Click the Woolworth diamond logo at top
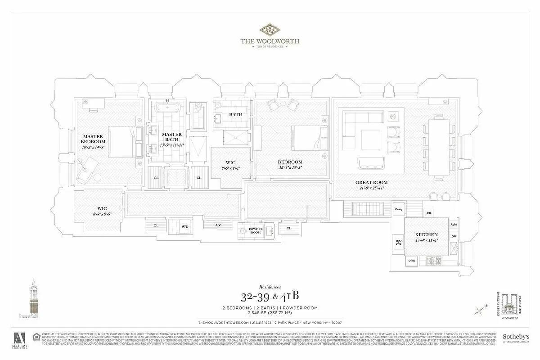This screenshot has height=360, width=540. [x=269, y=30]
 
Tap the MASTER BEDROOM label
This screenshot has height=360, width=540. [x=93, y=139]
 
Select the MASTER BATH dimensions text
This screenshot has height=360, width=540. [x=171, y=145]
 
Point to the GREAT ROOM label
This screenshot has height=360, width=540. [x=371, y=182]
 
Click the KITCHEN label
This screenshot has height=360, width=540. [x=427, y=235]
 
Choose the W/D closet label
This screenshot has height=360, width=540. [x=184, y=226]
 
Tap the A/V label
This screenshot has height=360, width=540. [x=218, y=225]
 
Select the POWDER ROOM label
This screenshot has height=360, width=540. [x=256, y=231]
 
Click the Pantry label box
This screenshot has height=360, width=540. [x=398, y=209]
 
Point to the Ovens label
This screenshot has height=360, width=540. [x=411, y=261]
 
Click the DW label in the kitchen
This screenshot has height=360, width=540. [x=454, y=236]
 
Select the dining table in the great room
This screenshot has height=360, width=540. [x=438, y=147]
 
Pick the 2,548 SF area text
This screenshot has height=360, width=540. [x=270, y=313]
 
